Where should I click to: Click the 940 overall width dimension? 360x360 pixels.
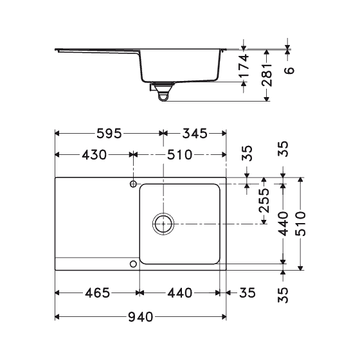(141, 317)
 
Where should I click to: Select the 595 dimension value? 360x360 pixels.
(108, 134)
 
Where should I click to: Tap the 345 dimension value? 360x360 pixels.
(194, 134)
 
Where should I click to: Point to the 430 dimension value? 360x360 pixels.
(94, 155)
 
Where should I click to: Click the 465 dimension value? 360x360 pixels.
(96, 293)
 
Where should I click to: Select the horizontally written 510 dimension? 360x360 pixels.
(180, 155)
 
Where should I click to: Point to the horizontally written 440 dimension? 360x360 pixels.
(179, 293)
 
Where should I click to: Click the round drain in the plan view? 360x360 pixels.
(163, 224)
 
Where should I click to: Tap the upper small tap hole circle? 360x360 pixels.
(134, 184)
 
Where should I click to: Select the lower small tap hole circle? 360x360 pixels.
(134, 264)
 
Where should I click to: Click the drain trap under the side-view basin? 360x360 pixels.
(162, 93)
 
